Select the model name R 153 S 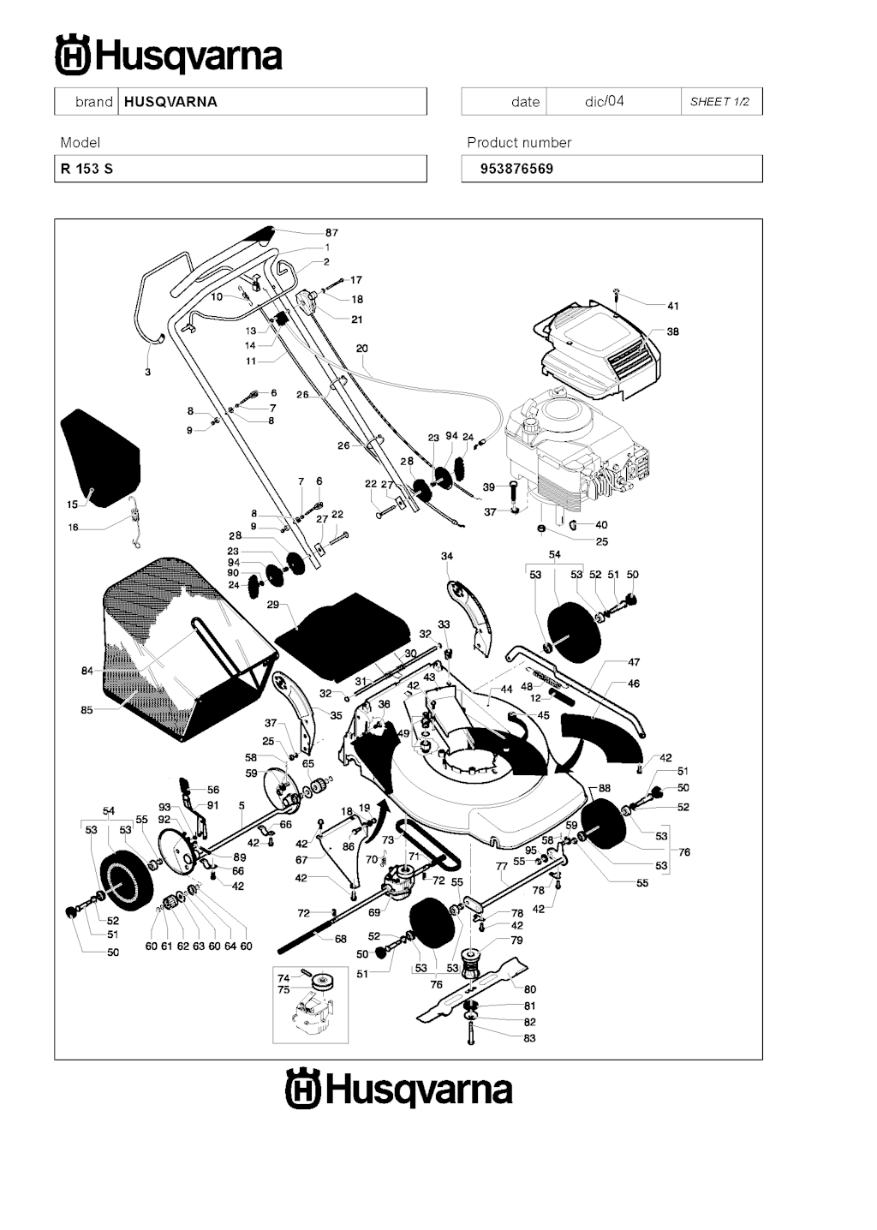[x=87, y=169]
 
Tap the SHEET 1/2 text [x=719, y=102]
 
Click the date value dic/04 [x=605, y=101]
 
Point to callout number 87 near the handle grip [x=331, y=232]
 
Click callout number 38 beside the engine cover [x=672, y=331]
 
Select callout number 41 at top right [x=673, y=306]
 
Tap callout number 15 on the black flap [x=72, y=505]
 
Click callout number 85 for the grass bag [x=87, y=710]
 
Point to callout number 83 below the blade [x=529, y=1038]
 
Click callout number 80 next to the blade [x=529, y=989]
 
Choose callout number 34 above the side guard [x=447, y=556]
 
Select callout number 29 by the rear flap [x=272, y=605]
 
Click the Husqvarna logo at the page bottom [x=399, y=1090]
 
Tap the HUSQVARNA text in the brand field [x=170, y=102]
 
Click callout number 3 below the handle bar [x=147, y=373]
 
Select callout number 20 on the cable [x=362, y=349]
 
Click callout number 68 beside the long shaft [x=340, y=939]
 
